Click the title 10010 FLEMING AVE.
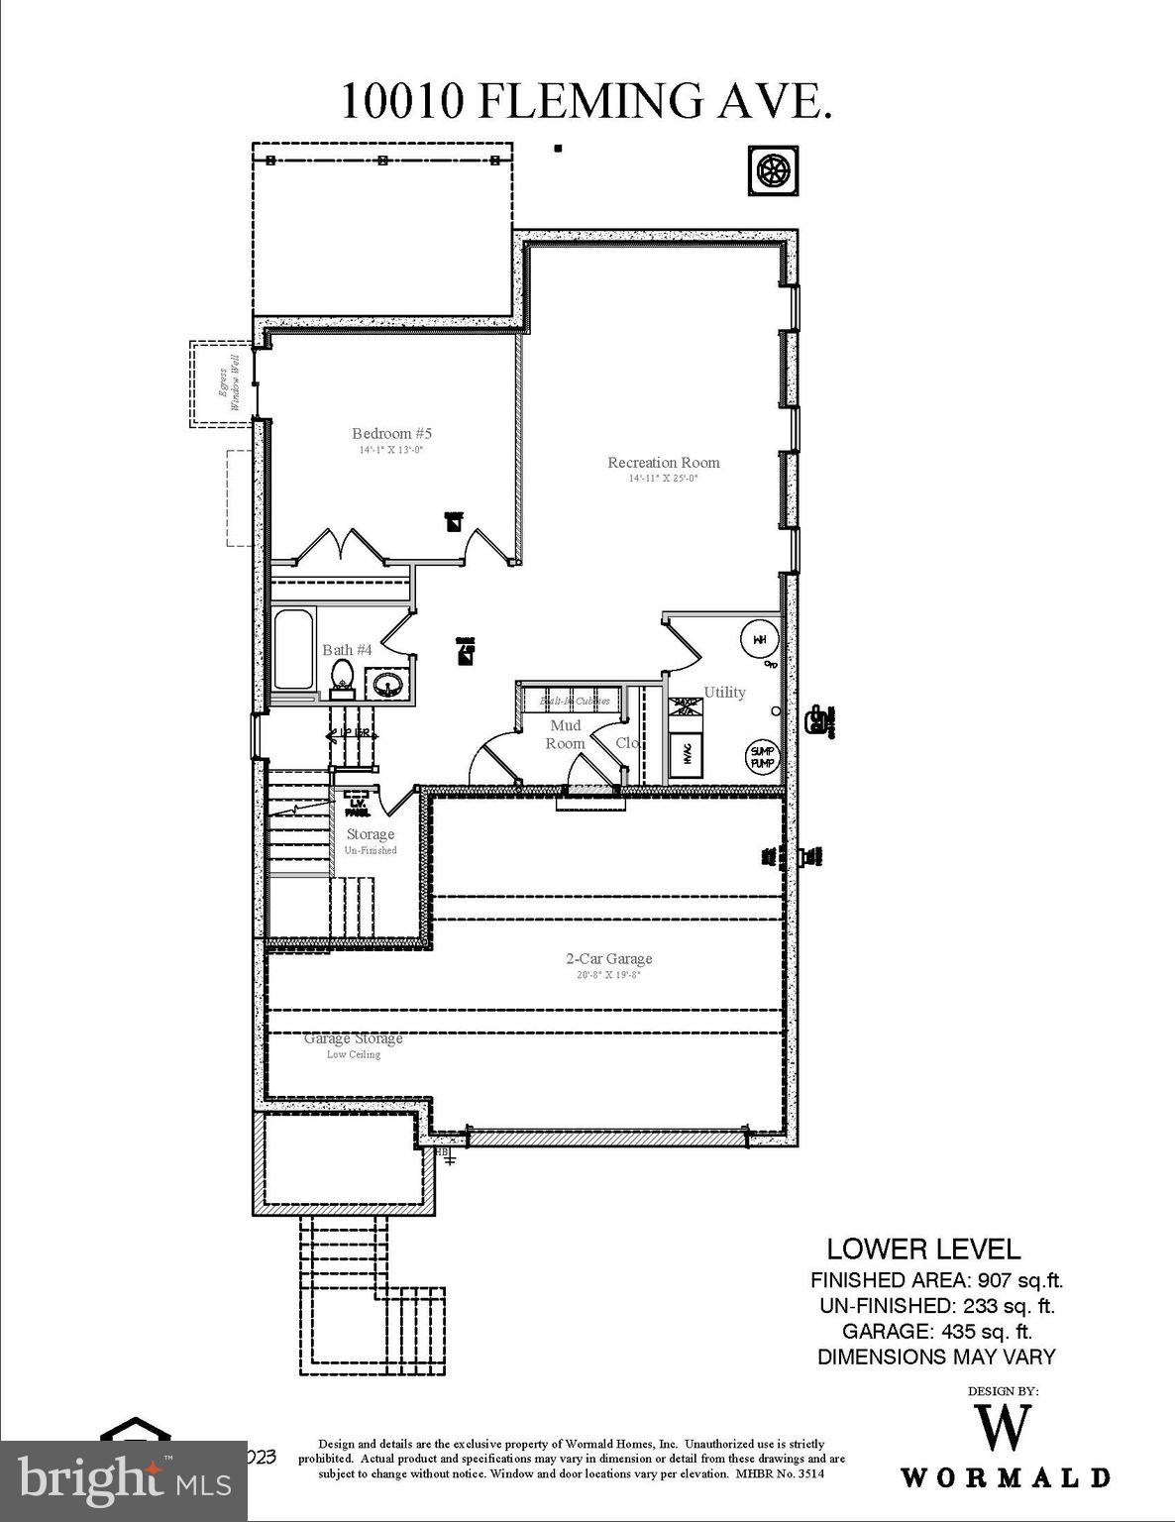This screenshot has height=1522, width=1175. pyautogui.click(x=586, y=101)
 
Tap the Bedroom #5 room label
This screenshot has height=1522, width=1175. pyautogui.click(x=391, y=433)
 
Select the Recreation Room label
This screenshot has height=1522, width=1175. pyautogui.click(x=663, y=462)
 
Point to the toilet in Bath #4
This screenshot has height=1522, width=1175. pyautogui.click(x=343, y=675)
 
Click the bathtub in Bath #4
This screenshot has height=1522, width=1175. pyautogui.click(x=293, y=650)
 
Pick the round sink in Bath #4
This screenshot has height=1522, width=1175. pyautogui.click(x=386, y=683)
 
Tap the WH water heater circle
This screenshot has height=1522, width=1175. pyautogui.click(x=759, y=639)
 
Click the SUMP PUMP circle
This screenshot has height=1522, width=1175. pyautogui.click(x=762, y=758)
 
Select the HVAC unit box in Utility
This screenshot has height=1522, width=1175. pyautogui.click(x=687, y=756)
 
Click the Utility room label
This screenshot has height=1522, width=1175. pyautogui.click(x=724, y=692)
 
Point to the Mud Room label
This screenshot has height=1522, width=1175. pyautogui.click(x=566, y=734)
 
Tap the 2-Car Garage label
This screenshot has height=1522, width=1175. pyautogui.click(x=608, y=958)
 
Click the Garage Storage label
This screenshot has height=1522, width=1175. pyautogui.click(x=353, y=1038)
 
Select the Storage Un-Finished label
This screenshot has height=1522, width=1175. pyautogui.click(x=371, y=840)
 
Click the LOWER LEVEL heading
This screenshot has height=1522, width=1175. pyautogui.click(x=922, y=1249)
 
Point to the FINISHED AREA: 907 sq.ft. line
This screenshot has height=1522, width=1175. pyautogui.click(x=936, y=1280)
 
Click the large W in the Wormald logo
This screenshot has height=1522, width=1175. pyautogui.click(x=1004, y=1427)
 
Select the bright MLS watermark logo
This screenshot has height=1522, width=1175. pyautogui.click(x=124, y=1481)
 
